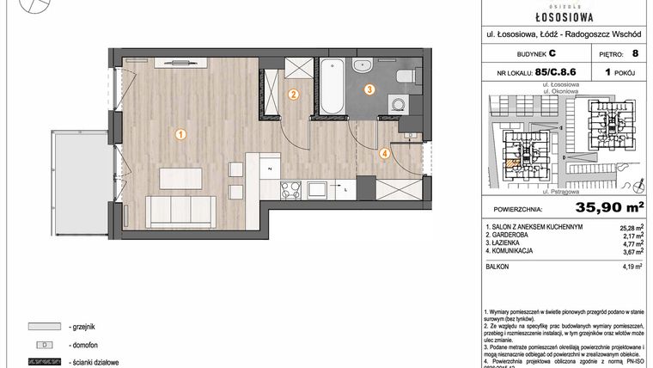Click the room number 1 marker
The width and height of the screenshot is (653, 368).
point(180,134)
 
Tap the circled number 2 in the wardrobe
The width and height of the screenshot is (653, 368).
point(293,95)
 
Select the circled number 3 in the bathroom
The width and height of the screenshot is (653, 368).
point(369,89)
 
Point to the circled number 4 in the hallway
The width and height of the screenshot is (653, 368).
point(386,154)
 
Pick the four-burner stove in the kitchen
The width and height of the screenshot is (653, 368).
point(290,187)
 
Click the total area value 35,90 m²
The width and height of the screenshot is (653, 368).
point(592,206)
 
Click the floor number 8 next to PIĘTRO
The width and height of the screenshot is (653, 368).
point(635,52)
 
